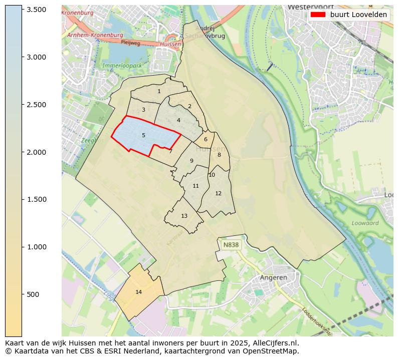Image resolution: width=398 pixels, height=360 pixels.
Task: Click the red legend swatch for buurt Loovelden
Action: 318,15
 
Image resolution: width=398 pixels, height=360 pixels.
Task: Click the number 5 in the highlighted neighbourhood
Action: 143,135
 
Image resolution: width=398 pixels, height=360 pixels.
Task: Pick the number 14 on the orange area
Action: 139,292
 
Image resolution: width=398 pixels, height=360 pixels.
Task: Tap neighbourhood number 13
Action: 184,216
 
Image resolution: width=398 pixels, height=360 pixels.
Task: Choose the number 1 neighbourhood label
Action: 159,91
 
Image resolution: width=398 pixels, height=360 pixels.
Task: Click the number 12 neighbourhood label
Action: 218,193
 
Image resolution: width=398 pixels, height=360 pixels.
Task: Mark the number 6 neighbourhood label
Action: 206,139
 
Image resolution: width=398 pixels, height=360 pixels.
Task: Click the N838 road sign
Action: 231,245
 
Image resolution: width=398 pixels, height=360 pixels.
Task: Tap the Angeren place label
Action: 273,277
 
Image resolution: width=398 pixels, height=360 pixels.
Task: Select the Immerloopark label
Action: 122,66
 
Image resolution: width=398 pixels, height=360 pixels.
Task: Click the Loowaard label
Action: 365,223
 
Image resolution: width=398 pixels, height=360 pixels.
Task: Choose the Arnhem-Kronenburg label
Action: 95,35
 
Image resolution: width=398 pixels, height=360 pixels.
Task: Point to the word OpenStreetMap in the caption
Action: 273,351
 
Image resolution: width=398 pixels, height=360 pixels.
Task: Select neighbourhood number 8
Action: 219,155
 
